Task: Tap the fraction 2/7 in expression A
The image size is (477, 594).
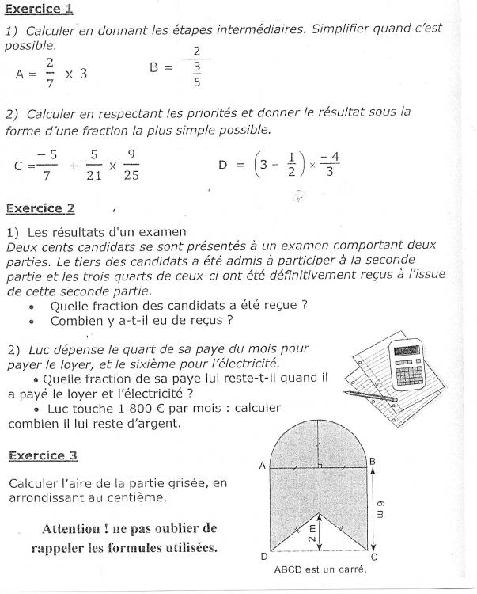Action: click(50, 73)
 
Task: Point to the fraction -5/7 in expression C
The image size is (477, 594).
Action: click(47, 166)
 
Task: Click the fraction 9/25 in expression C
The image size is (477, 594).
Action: click(131, 166)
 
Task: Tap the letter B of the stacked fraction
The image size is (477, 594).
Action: click(155, 67)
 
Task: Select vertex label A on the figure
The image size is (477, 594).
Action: click(262, 466)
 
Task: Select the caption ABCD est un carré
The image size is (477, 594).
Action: click(320, 569)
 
